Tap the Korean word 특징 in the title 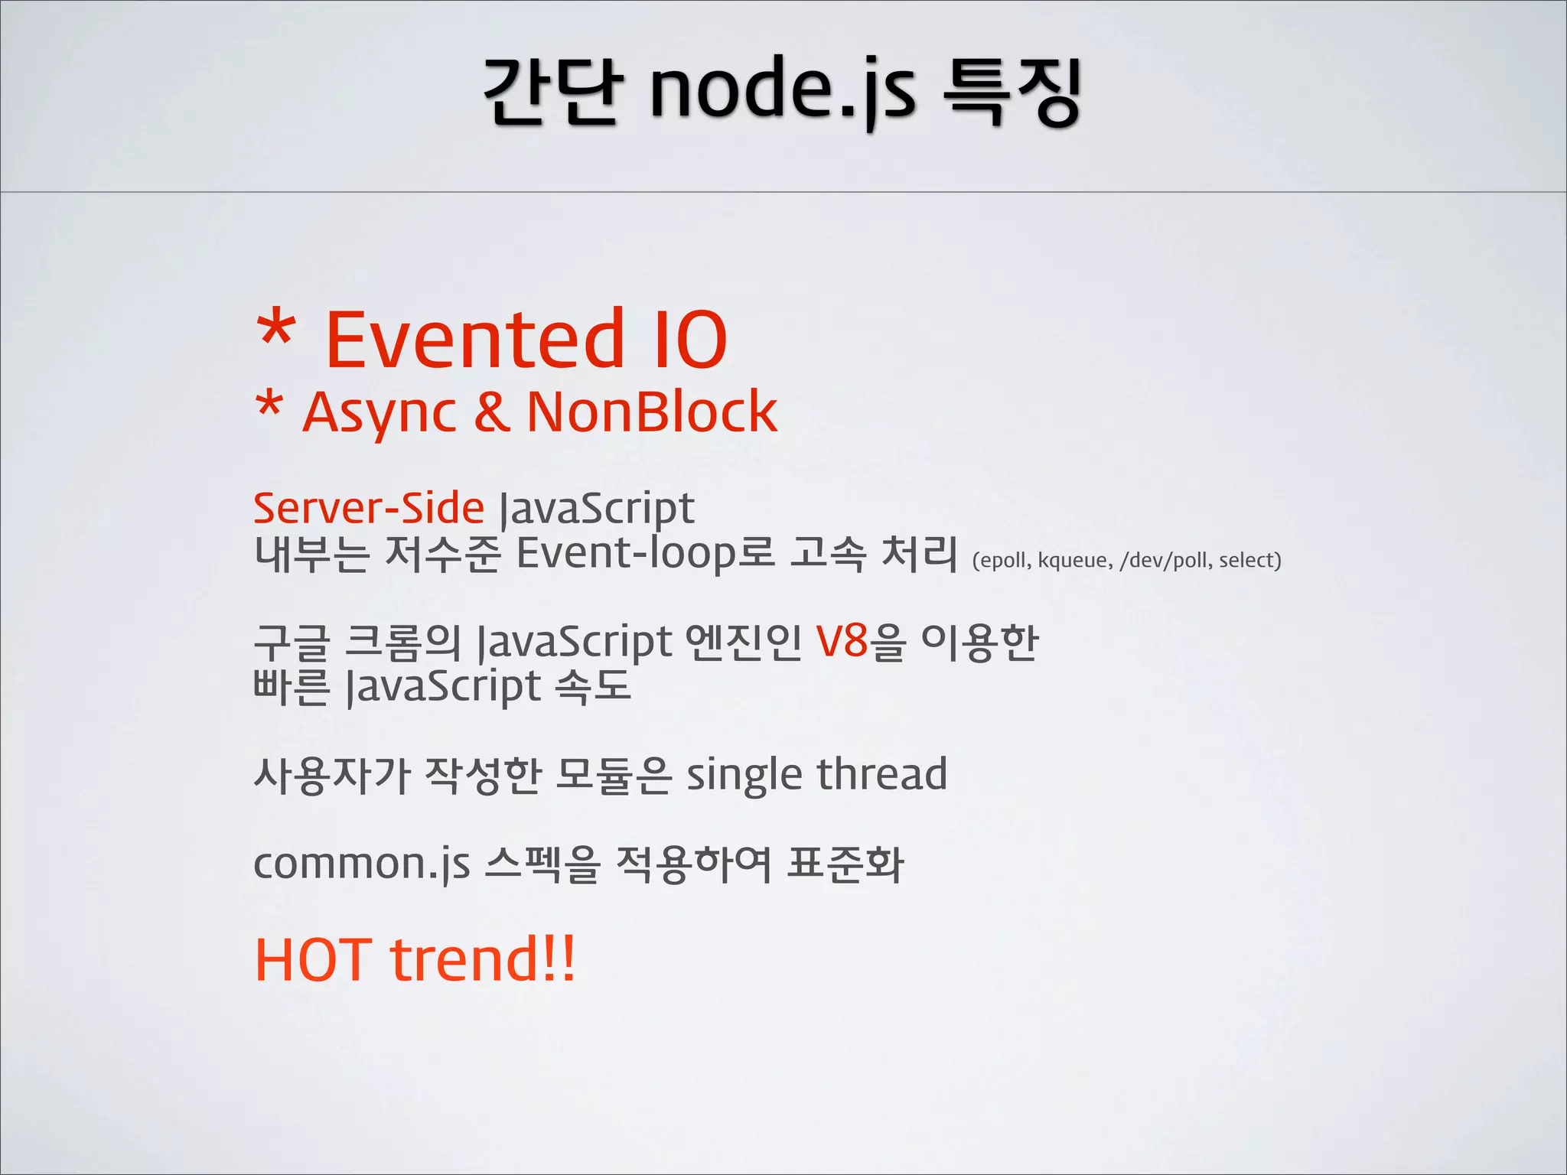(x=1012, y=90)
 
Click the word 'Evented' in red (x=474, y=338)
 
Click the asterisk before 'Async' (x=269, y=405)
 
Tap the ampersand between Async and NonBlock (x=492, y=411)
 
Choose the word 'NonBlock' (x=652, y=411)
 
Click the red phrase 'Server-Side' (x=369, y=508)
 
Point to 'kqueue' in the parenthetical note (x=1075, y=561)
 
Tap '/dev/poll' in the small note (x=1165, y=561)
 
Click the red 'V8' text (x=842, y=641)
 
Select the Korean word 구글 (x=292, y=643)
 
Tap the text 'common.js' (x=361, y=864)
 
